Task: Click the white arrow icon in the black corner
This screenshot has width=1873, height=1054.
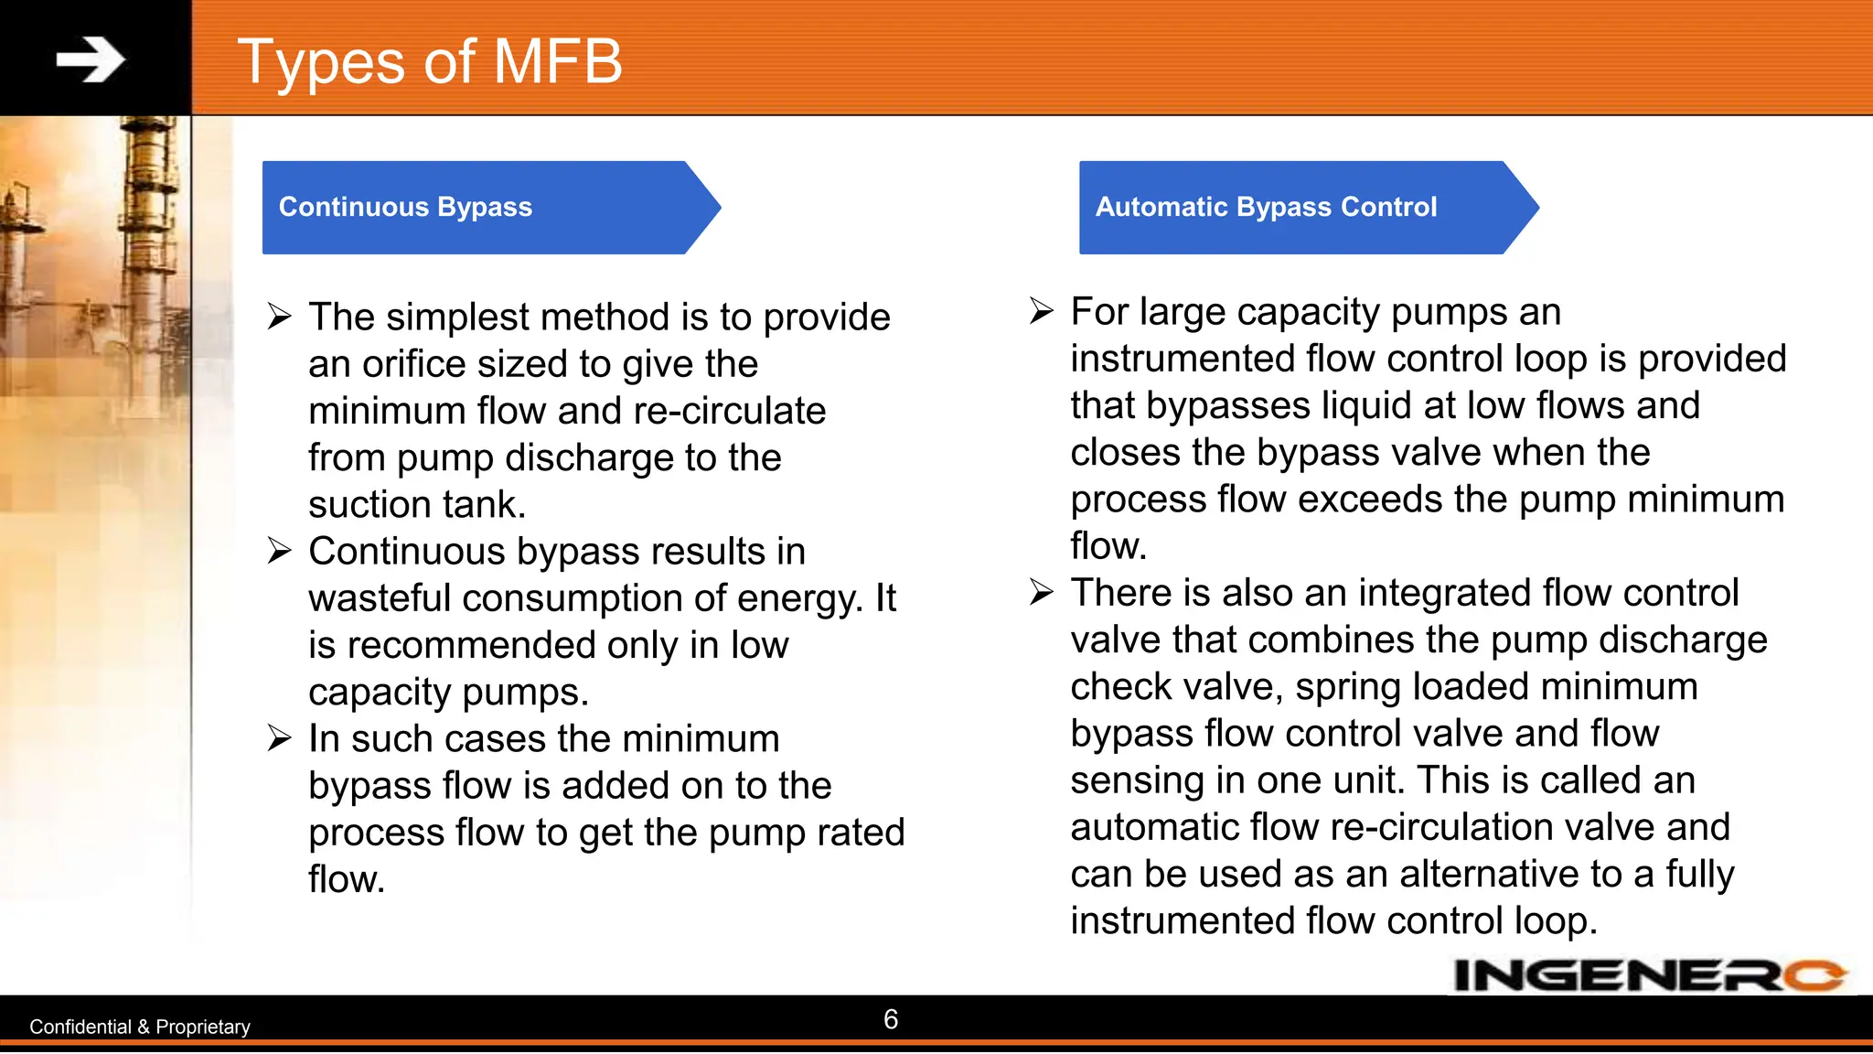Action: point(91,60)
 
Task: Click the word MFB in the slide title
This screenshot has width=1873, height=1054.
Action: point(557,62)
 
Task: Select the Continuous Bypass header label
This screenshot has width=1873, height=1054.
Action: point(405,208)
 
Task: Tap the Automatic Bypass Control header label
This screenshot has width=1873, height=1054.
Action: point(1266,208)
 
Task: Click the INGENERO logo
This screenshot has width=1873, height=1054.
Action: point(1649,975)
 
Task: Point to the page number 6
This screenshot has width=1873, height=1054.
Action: point(891,1019)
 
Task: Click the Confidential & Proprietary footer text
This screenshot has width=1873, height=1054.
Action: point(140,1027)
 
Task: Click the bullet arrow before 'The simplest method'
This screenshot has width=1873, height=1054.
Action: point(279,317)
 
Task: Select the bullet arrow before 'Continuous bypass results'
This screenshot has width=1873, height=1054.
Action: point(279,551)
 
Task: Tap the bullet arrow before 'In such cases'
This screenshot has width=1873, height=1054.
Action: point(279,737)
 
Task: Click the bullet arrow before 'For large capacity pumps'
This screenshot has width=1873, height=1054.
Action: point(1041,311)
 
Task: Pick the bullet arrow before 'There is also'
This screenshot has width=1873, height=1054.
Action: point(1041,592)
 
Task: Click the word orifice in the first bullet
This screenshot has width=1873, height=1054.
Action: point(414,364)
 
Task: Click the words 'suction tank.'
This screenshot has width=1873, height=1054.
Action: point(417,505)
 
